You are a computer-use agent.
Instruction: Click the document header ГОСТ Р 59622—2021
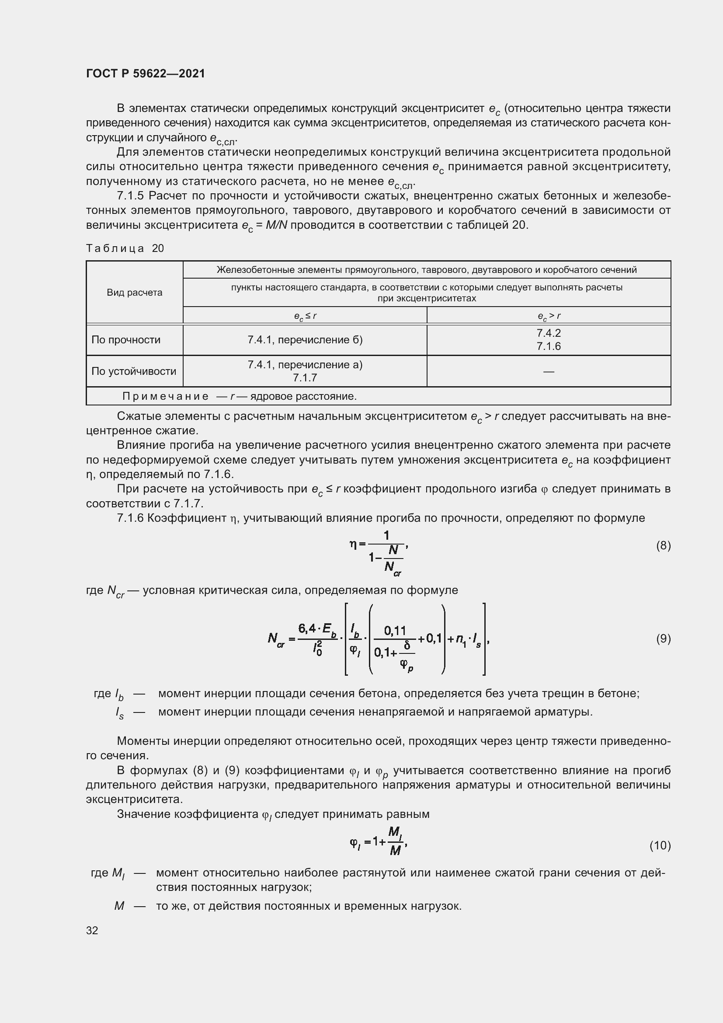[146, 73]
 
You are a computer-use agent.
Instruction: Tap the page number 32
[92, 930]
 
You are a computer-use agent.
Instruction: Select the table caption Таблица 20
[125, 248]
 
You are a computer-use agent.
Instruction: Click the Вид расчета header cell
[135, 293]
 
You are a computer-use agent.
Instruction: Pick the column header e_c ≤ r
[305, 316]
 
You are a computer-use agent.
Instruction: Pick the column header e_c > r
[549, 316]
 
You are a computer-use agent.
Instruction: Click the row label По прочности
[126, 340]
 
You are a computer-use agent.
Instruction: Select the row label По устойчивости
[134, 371]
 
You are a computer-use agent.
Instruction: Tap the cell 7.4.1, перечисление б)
[305, 340]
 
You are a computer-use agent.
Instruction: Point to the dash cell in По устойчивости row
[549, 371]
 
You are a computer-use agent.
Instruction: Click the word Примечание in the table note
[165, 396]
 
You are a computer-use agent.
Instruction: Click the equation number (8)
[664, 545]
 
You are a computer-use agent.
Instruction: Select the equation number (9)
[664, 639]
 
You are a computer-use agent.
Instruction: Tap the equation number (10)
[660, 845]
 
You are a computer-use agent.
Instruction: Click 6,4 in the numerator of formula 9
[307, 628]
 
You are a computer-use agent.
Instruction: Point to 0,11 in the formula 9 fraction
[395, 631]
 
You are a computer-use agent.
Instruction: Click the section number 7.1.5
[131, 196]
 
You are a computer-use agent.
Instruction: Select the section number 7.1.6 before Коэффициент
[131, 518]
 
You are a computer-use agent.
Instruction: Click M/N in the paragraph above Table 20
[276, 225]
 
